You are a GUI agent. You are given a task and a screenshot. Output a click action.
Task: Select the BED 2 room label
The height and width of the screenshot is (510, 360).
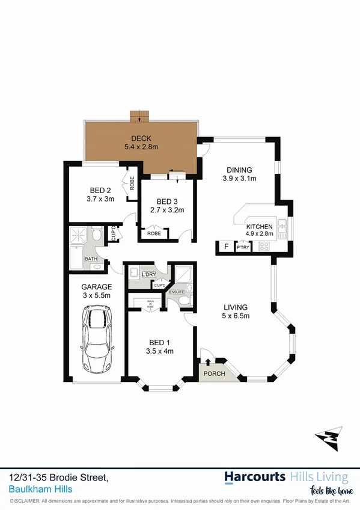(x=100, y=189)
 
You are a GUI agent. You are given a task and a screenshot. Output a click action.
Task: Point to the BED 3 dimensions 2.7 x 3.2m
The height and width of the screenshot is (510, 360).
(x=170, y=210)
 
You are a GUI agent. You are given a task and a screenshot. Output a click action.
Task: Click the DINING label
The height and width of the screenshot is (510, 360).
(x=239, y=170)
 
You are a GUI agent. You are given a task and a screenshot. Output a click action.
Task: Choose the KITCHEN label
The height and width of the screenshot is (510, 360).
(x=260, y=226)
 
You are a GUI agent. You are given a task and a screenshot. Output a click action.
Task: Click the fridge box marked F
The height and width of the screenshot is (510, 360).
(x=226, y=247)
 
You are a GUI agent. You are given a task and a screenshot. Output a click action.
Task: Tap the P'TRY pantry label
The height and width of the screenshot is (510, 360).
(x=243, y=247)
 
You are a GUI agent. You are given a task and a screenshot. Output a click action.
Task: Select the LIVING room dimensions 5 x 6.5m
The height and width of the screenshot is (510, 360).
(x=236, y=316)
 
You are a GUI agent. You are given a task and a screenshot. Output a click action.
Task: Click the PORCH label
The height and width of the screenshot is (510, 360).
(x=213, y=373)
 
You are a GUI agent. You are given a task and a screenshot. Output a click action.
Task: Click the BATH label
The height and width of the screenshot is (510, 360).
(x=91, y=259)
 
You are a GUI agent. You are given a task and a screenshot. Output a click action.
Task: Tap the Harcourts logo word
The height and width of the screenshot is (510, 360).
(x=255, y=478)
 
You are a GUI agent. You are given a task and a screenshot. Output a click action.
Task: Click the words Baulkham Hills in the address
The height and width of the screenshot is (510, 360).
(x=41, y=489)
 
